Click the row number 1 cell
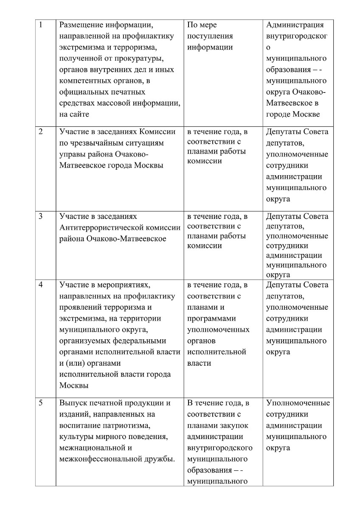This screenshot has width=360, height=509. [40, 25]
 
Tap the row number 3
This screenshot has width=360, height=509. [40, 217]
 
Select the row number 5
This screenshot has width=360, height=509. [40, 403]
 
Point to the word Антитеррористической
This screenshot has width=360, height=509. [105, 228]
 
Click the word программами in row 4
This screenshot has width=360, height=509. [211, 318]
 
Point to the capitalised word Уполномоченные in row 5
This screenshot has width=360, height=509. [298, 403]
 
